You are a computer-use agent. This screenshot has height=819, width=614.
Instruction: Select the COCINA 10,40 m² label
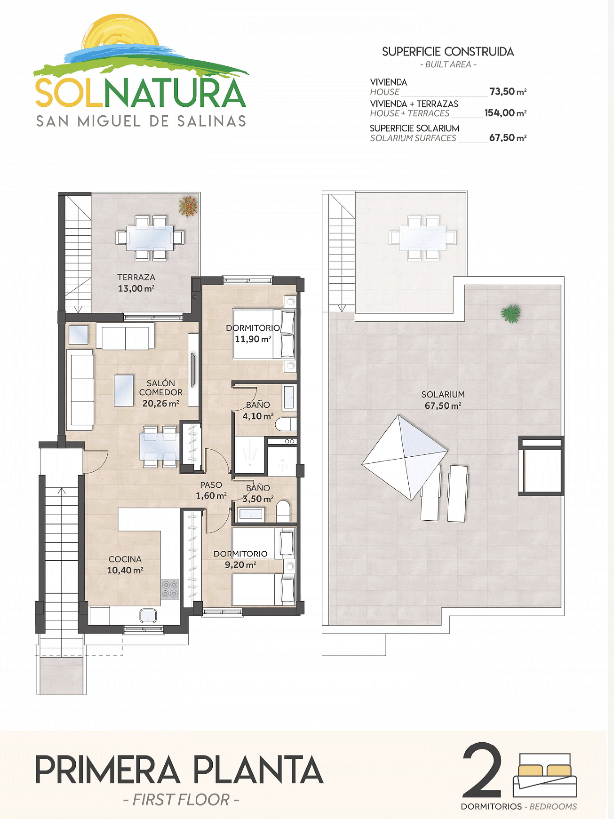tap(125, 565)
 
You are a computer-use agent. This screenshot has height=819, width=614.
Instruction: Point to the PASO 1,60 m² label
tap(211, 490)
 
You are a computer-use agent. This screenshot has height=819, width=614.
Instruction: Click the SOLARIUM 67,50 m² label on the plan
tap(443, 400)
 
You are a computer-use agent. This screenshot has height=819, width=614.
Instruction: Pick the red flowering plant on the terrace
tap(188, 206)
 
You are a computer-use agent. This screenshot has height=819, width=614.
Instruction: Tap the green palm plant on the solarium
tap(511, 313)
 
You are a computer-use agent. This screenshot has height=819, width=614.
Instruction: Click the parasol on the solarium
tap(405, 457)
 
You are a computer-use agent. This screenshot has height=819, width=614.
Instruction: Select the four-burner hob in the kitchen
tap(170, 589)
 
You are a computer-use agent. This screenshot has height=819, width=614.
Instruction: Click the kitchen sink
tap(148, 616)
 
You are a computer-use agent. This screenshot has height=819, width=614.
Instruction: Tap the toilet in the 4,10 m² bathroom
tap(286, 424)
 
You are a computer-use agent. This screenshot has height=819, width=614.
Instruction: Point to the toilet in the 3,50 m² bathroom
tap(283, 511)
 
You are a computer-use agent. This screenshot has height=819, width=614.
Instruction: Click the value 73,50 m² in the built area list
tap(507, 91)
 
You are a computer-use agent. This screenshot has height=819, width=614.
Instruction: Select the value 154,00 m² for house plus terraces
tap(505, 113)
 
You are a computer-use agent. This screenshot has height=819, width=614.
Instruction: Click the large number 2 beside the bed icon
tap(482, 770)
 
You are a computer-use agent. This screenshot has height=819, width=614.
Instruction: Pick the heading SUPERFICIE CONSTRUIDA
tap(448, 52)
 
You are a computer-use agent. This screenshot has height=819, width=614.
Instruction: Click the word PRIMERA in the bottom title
tap(108, 770)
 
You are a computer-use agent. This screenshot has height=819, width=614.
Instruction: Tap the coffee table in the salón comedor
tap(124, 390)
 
